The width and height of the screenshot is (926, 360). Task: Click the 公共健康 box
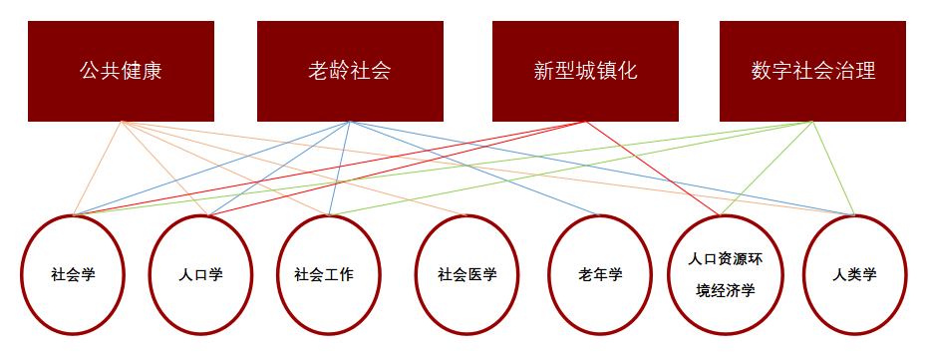[x=121, y=71]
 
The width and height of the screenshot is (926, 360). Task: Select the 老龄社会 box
[x=350, y=71]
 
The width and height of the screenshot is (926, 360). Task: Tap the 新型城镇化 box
[x=585, y=71]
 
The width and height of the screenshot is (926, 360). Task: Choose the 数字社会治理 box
[x=812, y=71]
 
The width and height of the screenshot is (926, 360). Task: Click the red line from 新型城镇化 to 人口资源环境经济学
[x=653, y=169]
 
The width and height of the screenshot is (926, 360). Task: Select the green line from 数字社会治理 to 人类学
[x=833, y=169]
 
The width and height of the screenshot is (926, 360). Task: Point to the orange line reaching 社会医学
[x=294, y=169]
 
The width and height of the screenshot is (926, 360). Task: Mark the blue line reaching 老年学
[x=474, y=169]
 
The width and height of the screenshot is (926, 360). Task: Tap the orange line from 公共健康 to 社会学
[x=97, y=169]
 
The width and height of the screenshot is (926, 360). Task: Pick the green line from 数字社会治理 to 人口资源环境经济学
[x=767, y=169]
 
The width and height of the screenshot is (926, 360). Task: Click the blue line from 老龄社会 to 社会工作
[x=340, y=169]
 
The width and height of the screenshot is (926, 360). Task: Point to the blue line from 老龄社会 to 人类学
[x=602, y=169]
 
